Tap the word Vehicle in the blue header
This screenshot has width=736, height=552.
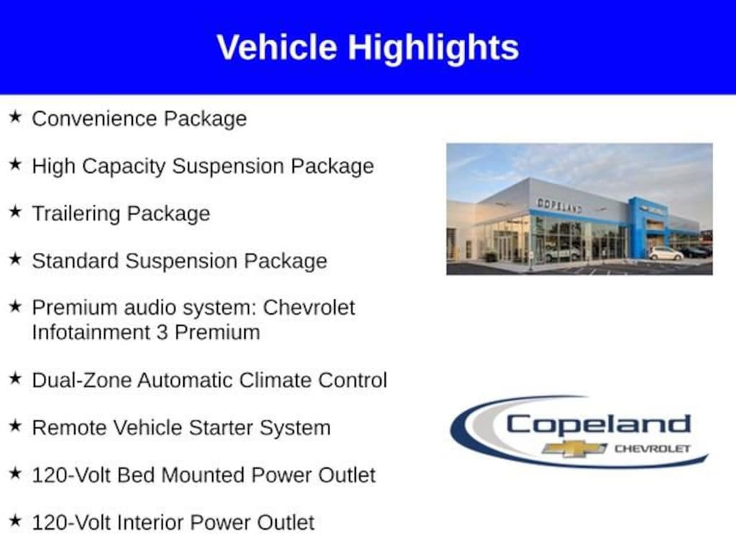277,47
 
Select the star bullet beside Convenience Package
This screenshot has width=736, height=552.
15,116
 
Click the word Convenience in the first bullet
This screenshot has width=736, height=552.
94,119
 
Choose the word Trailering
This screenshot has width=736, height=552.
76,214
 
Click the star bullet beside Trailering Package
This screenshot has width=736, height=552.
15,211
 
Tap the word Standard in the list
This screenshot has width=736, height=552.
75,260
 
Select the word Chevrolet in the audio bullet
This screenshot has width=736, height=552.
309,308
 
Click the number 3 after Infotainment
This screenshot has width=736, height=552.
162,333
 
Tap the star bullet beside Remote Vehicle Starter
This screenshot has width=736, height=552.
15,425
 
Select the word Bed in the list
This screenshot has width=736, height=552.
136,475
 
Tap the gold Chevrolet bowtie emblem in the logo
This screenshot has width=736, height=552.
574,448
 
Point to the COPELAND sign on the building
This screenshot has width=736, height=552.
559,206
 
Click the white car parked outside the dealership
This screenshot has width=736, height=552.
666,254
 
